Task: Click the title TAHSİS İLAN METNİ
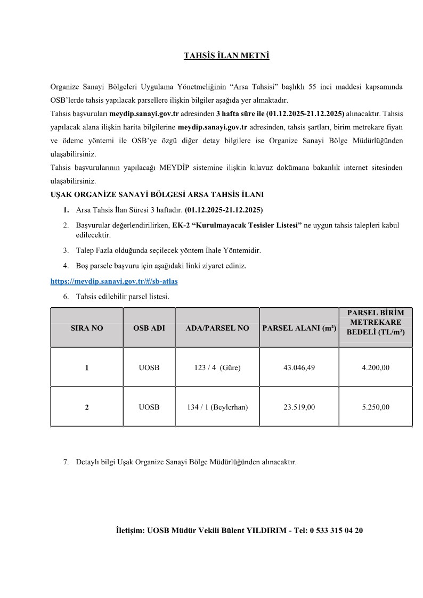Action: (x=226, y=55)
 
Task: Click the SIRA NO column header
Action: (x=87, y=329)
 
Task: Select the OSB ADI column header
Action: (x=149, y=329)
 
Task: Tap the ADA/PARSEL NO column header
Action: (x=217, y=329)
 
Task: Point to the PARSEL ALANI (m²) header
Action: (x=299, y=329)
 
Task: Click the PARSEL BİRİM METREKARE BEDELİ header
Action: (x=376, y=322)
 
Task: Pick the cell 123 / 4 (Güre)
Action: (x=217, y=367)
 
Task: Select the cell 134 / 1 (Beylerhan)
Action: (x=217, y=407)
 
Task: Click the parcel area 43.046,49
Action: (x=299, y=367)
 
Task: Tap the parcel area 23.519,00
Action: (x=299, y=407)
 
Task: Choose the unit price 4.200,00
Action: (x=376, y=367)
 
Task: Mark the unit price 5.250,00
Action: (x=376, y=407)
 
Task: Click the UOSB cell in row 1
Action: (x=149, y=367)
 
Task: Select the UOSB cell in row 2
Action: (x=149, y=407)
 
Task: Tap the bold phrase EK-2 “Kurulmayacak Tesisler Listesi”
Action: (x=237, y=226)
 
